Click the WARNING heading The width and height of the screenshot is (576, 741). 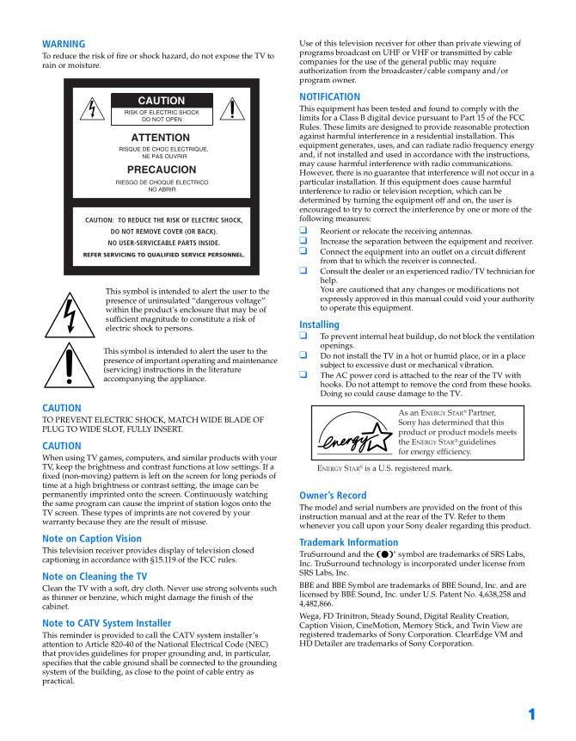64,44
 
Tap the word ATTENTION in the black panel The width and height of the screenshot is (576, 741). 161,138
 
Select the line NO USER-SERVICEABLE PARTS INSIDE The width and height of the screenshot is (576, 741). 163,244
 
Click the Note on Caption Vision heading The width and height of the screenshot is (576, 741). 92,539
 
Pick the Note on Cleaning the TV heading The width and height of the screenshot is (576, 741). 95,577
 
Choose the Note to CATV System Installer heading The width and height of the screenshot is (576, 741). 107,623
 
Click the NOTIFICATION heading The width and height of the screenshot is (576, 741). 329,97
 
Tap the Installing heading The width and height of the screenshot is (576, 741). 319,324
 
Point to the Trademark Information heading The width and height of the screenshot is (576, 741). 348,542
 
